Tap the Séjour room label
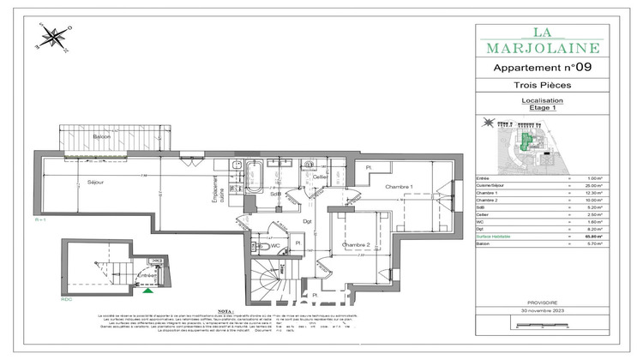(x=95, y=183)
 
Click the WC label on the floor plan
(x=276, y=246)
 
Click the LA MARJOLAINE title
(x=543, y=39)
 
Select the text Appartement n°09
(x=543, y=67)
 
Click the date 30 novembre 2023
(x=543, y=309)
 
